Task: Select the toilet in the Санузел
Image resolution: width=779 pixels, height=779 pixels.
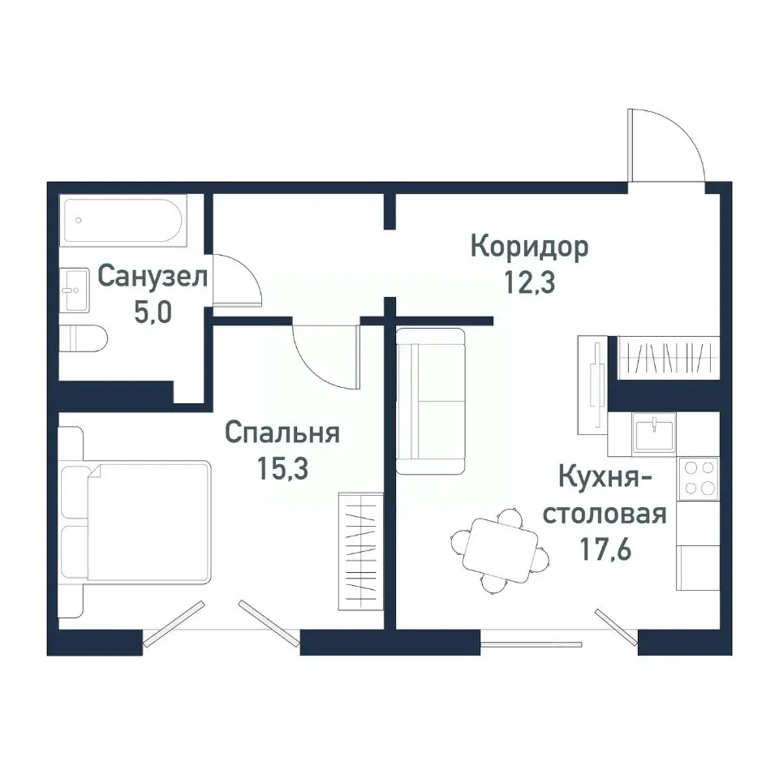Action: point(84,338)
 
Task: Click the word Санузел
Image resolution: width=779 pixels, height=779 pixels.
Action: point(153,276)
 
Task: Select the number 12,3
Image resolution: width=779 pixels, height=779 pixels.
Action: point(530,283)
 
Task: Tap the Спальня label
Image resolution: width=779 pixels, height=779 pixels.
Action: point(282,433)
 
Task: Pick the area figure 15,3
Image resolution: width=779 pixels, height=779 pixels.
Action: point(282,470)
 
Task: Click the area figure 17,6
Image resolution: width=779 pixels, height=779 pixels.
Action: point(605,551)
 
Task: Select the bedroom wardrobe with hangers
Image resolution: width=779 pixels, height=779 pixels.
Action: point(359,549)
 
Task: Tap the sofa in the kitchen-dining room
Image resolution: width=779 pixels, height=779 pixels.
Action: point(429,401)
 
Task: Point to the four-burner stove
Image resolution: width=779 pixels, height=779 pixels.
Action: point(699,478)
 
